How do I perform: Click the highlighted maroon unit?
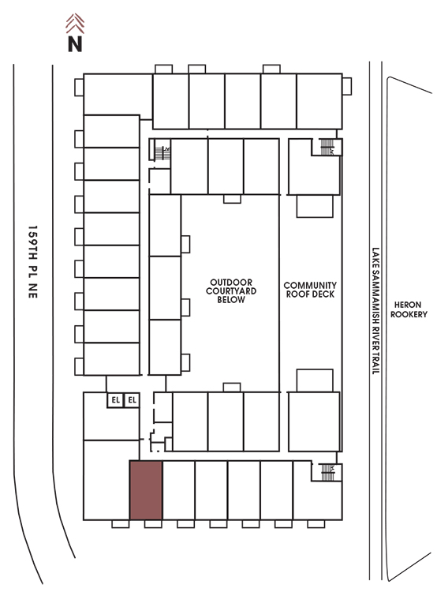click(x=146, y=490)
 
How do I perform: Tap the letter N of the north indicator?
click(x=75, y=43)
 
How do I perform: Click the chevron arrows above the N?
click(x=75, y=24)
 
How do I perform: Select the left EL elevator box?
click(x=115, y=400)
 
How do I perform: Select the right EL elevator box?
click(x=132, y=400)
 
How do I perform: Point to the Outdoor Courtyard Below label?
click(x=231, y=290)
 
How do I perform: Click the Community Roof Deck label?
click(x=310, y=290)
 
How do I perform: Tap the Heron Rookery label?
click(x=409, y=309)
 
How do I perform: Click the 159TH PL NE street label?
click(x=33, y=261)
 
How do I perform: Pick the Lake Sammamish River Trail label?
click(x=375, y=311)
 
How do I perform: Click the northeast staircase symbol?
click(x=327, y=148)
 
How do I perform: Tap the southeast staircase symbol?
click(x=327, y=472)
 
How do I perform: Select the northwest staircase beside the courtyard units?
click(x=162, y=152)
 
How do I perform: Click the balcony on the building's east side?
click(x=347, y=87)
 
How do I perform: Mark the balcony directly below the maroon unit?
click(x=153, y=524)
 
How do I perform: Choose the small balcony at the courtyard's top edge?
click(x=232, y=199)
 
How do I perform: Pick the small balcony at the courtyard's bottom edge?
click(x=232, y=388)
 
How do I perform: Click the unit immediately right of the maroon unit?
click(x=179, y=490)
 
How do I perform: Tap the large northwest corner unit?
click(x=118, y=95)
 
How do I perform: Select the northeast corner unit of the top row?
click(x=319, y=101)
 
